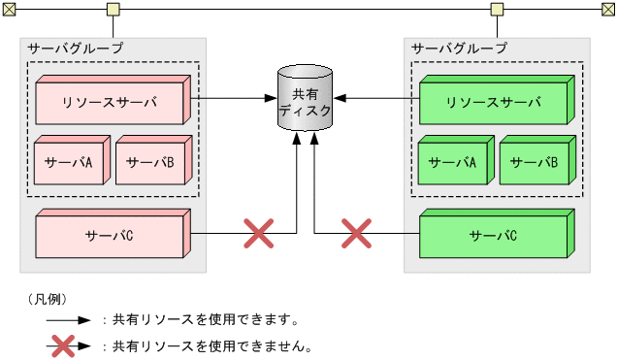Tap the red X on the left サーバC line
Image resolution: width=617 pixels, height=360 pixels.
click(257, 233)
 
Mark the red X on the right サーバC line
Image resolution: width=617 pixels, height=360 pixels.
click(356, 233)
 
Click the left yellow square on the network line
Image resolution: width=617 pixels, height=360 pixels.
click(113, 10)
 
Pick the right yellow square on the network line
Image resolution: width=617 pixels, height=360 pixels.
click(497, 10)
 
